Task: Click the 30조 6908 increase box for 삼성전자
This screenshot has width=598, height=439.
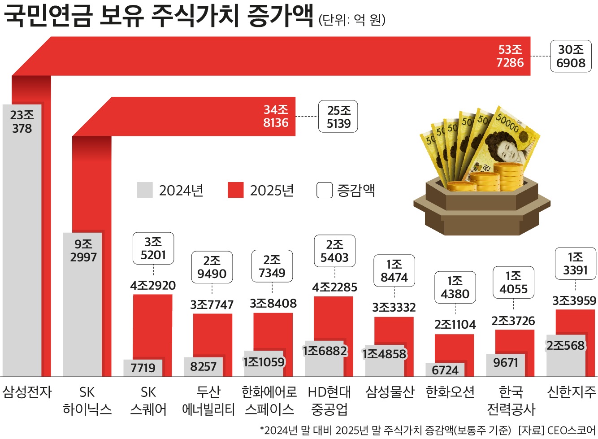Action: click(x=571, y=56)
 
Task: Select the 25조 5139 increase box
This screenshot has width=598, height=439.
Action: click(x=338, y=117)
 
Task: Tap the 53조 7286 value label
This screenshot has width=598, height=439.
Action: click(x=510, y=56)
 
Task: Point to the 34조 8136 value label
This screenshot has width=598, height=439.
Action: click(x=276, y=116)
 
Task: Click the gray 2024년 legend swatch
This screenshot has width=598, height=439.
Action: click(x=145, y=190)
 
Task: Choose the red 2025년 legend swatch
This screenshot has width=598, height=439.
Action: click(x=235, y=190)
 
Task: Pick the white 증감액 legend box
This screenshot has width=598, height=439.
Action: click(x=324, y=190)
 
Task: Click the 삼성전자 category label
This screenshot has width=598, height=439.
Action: click(x=27, y=392)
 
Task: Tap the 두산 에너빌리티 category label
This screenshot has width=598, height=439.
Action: click(x=208, y=400)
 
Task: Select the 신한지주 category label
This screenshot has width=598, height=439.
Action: click(x=572, y=392)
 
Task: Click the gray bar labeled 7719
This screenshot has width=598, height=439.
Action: click(x=143, y=368)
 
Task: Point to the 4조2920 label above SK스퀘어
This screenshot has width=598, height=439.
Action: click(x=153, y=285)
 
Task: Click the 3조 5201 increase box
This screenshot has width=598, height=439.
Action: click(x=153, y=248)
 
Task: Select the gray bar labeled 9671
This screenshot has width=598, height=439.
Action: click(x=505, y=364)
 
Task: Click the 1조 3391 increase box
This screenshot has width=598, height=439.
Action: click(x=575, y=264)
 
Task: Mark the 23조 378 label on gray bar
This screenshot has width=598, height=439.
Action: click(x=22, y=122)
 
